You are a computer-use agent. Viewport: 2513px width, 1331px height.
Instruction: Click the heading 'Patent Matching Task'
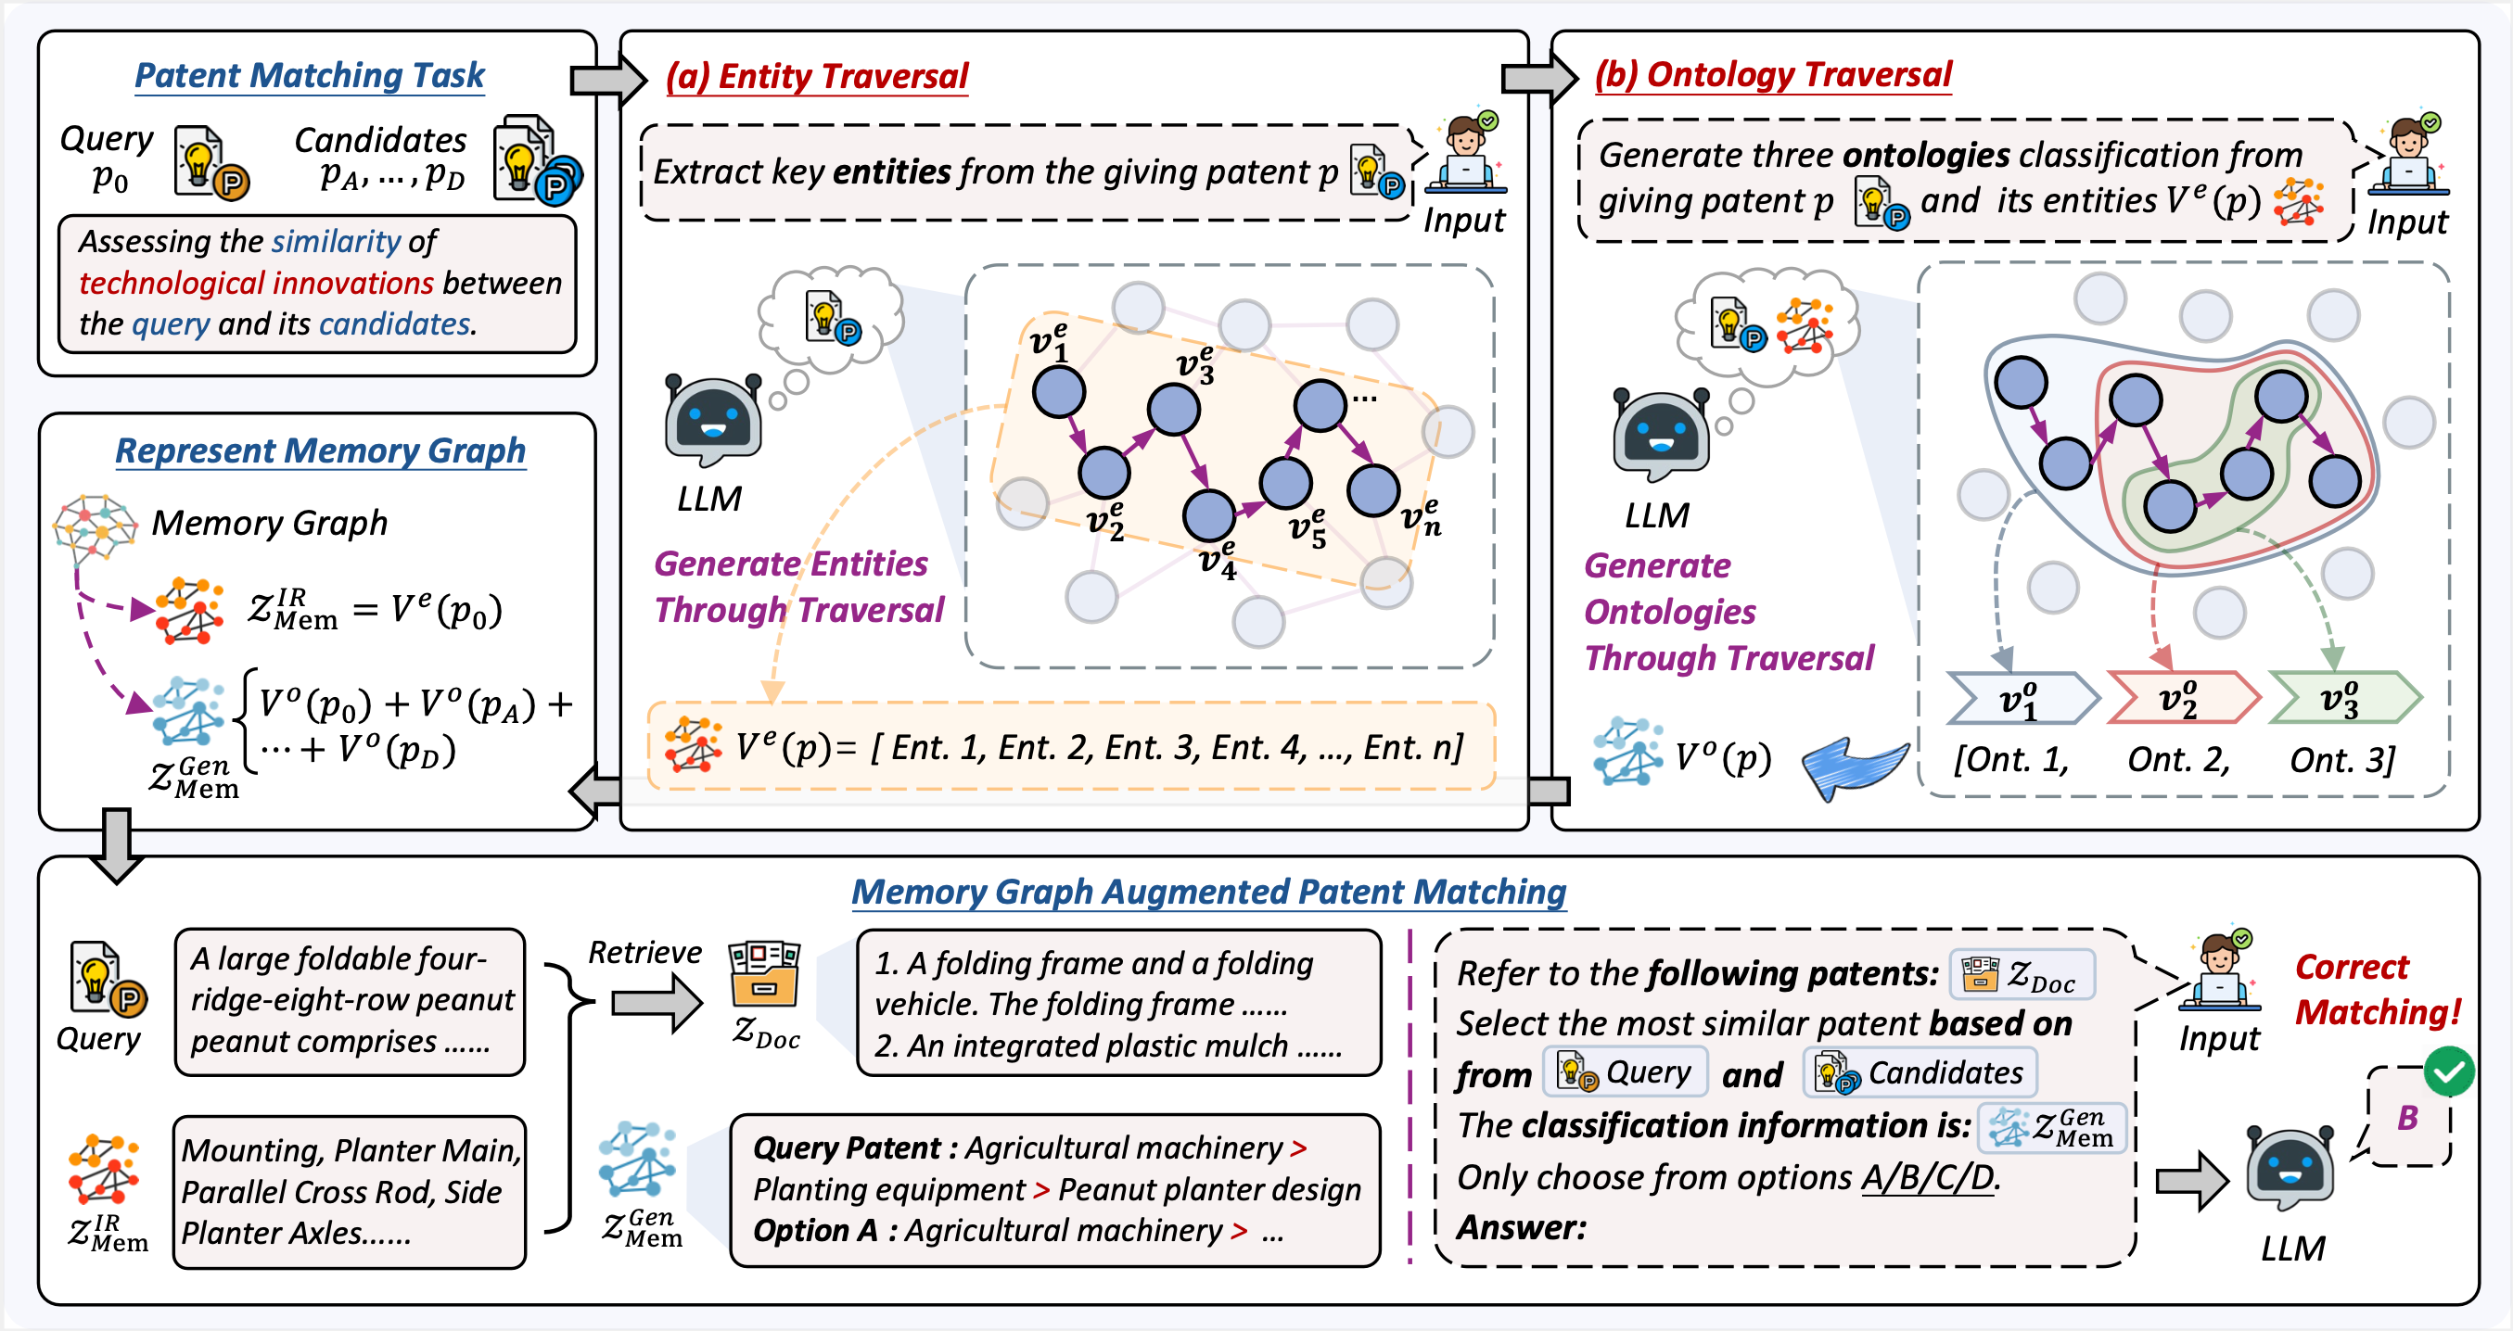pyautogui.click(x=309, y=75)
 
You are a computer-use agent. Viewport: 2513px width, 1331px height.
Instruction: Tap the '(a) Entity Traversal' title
pyautogui.click(x=817, y=76)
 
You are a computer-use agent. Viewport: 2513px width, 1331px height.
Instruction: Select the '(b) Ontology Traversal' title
pyautogui.click(x=1773, y=74)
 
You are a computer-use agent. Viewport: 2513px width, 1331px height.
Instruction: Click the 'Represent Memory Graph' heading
pyautogui.click(x=320, y=450)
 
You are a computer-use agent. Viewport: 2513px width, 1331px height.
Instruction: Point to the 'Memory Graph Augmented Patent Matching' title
pyautogui.click(x=1208, y=892)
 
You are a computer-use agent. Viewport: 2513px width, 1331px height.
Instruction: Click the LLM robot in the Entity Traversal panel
pyautogui.click(x=712, y=420)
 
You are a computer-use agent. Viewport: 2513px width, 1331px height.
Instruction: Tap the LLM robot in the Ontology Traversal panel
pyautogui.click(x=1661, y=435)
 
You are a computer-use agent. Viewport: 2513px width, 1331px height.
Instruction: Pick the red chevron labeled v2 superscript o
pyautogui.click(x=2181, y=698)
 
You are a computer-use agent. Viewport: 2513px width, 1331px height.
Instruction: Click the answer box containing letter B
pyautogui.click(x=2407, y=1118)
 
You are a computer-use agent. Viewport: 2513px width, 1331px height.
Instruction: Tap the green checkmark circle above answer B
pyautogui.click(x=2449, y=1071)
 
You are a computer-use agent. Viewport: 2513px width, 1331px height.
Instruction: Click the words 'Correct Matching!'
pyautogui.click(x=2377, y=990)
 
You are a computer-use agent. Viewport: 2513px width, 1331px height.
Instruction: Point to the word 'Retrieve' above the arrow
pyautogui.click(x=644, y=952)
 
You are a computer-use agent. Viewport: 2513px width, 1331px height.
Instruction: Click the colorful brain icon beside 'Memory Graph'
pyautogui.click(x=94, y=527)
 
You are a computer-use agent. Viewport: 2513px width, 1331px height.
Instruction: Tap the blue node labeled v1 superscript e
pyautogui.click(x=1058, y=392)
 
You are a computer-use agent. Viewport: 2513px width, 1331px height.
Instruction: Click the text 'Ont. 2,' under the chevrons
pyautogui.click(x=2178, y=760)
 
